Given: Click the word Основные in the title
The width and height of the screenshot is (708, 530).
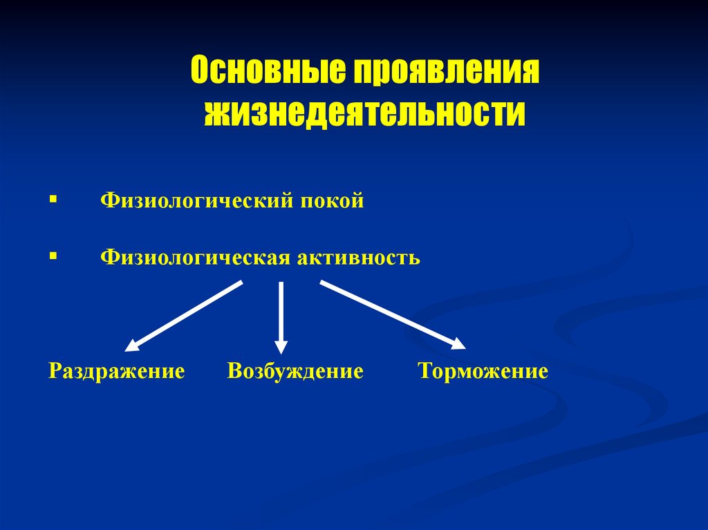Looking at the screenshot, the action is pyautogui.click(x=267, y=72).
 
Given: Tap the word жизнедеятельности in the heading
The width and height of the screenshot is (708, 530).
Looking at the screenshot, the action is pyautogui.click(x=364, y=113).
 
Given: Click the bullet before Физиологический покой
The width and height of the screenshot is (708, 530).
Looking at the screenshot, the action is pyautogui.click(x=53, y=200).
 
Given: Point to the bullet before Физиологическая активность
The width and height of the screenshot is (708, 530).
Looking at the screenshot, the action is pyautogui.click(x=53, y=256).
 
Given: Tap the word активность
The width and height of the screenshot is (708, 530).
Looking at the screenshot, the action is pyautogui.click(x=359, y=258).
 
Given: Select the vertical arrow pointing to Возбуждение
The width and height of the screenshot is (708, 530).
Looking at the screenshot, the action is pyautogui.click(x=281, y=314).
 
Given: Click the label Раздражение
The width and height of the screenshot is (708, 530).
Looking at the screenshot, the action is pyautogui.click(x=117, y=372).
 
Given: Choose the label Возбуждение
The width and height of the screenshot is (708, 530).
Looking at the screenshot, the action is pyautogui.click(x=295, y=372).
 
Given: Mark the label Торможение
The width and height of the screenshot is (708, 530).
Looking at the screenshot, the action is pyautogui.click(x=483, y=372).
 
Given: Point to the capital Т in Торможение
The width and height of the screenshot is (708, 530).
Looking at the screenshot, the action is pyautogui.click(x=424, y=372).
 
